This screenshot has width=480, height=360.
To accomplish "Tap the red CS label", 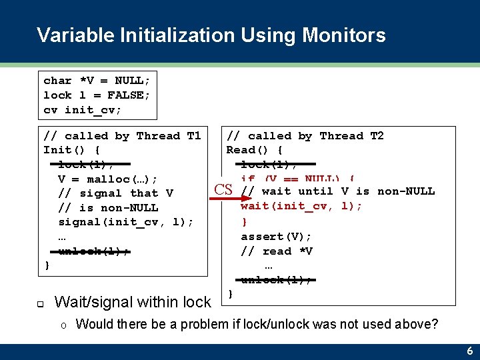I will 223,190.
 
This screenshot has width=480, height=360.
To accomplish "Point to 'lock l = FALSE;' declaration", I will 97,95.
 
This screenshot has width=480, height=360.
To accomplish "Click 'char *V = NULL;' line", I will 97,80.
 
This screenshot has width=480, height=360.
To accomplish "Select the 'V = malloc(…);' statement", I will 107,179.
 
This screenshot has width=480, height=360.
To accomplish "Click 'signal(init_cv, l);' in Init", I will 125,222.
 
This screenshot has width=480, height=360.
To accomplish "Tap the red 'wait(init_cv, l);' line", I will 301,206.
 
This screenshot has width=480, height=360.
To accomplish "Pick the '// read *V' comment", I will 276,251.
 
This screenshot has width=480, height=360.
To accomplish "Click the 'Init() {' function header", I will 71,150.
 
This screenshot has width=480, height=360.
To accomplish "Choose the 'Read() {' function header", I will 255,150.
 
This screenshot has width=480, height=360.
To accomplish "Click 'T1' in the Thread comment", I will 193,135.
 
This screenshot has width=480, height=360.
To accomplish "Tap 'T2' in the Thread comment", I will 377,135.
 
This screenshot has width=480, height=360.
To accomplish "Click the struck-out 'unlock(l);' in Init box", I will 93,251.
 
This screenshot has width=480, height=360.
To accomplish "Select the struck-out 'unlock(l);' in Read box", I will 276,280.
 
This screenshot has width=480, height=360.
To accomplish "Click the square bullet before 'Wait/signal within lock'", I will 40,303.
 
